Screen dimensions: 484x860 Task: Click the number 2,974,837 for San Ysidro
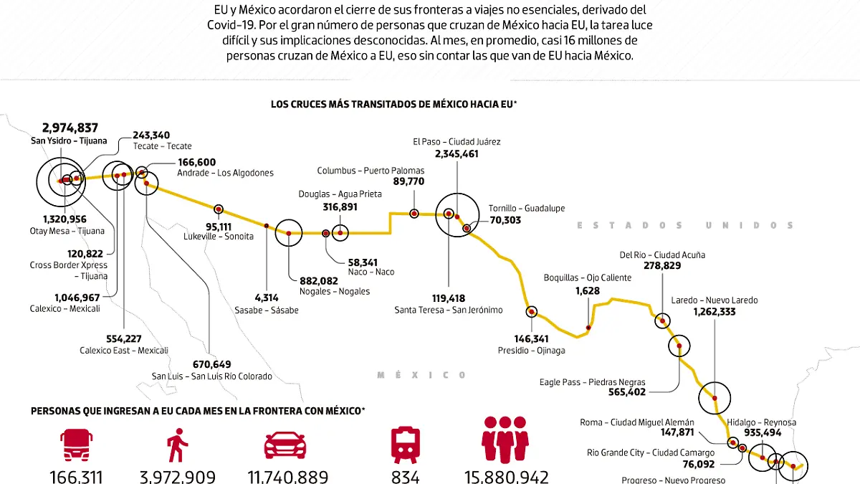(70, 128)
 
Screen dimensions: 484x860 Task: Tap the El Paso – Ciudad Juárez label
(457, 141)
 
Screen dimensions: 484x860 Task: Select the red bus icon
(76, 445)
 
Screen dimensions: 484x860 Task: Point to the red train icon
(405, 445)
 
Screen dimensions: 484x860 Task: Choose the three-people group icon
(506, 439)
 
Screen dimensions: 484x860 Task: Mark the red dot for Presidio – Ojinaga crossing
(531, 312)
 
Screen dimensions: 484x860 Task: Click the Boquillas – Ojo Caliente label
(588, 277)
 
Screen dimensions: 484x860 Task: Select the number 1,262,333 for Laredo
(725, 312)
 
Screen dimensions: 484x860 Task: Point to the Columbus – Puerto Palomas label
(371, 171)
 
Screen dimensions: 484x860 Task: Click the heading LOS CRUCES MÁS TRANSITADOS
(393, 104)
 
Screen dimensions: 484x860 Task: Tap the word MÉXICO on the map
(422, 375)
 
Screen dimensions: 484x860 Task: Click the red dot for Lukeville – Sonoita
(219, 209)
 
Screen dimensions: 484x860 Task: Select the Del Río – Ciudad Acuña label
(662, 255)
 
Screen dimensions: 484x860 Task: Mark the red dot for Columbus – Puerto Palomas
(414, 213)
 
